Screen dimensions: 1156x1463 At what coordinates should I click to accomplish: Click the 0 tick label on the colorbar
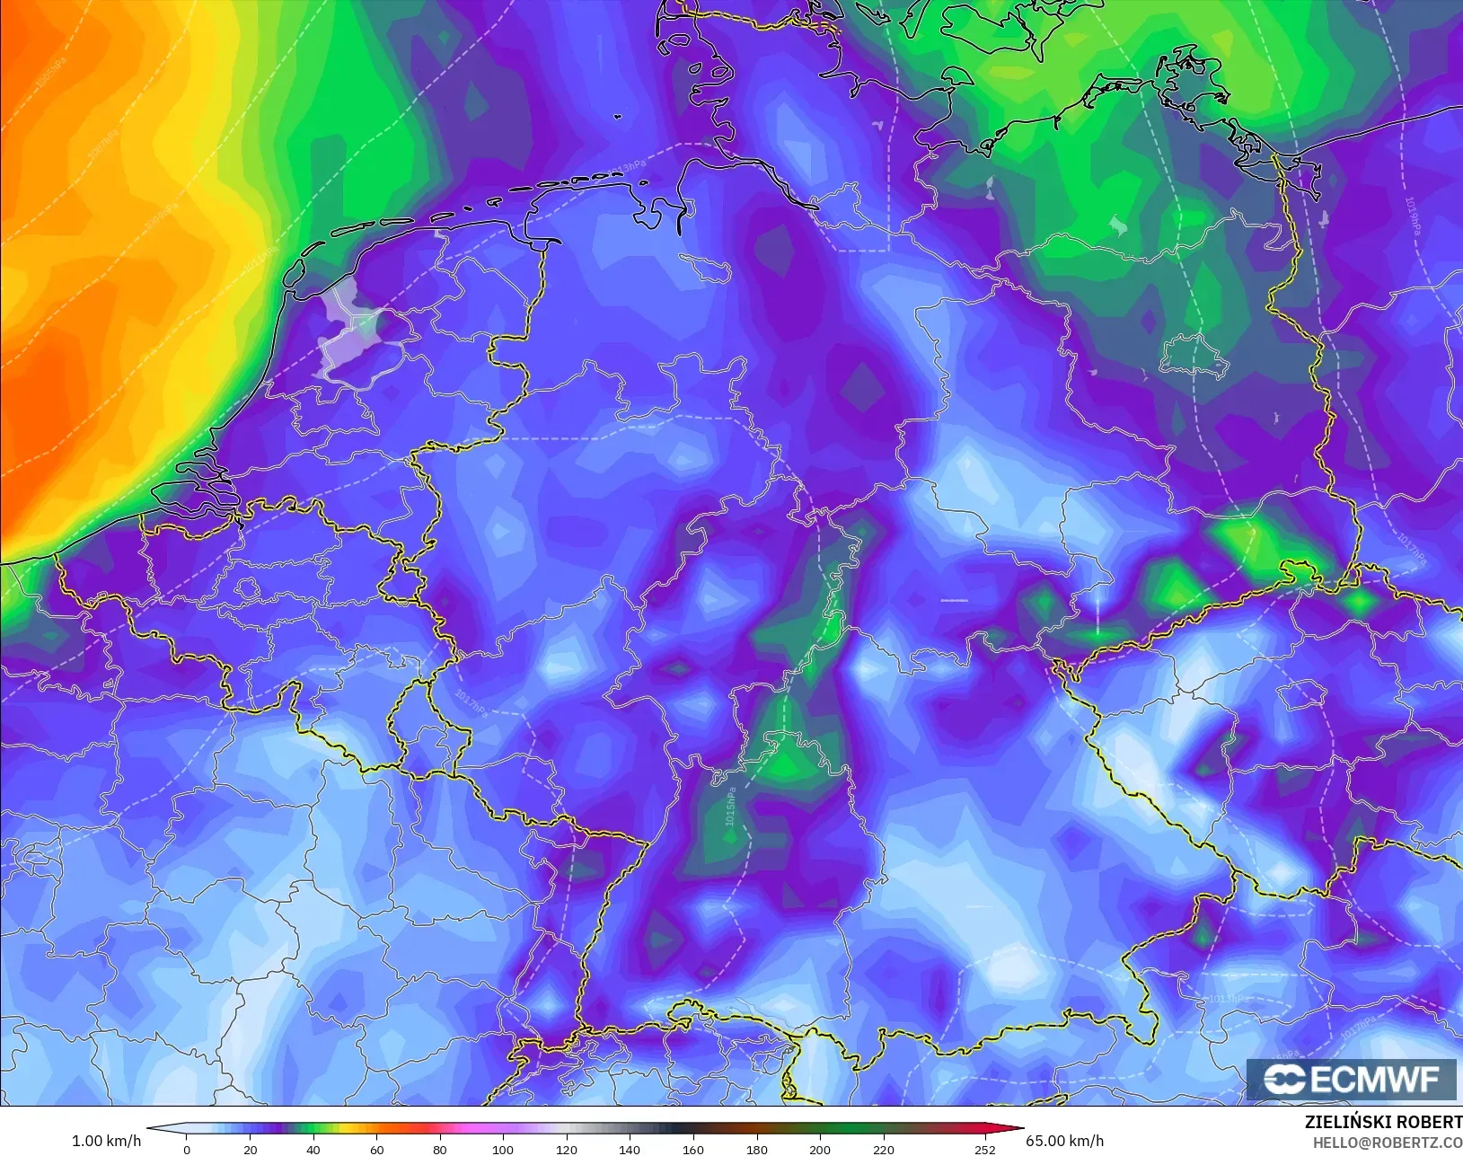coord(187,1149)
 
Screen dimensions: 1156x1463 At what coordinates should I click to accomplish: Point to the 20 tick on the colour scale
coord(251,1149)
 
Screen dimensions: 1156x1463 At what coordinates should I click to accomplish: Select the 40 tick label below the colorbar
coord(313,1149)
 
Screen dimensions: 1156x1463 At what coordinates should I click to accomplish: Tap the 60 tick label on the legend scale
coord(377,1149)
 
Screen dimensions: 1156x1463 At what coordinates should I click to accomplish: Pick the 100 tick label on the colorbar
coord(503,1149)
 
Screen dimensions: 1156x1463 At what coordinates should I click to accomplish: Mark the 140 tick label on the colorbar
coord(630,1149)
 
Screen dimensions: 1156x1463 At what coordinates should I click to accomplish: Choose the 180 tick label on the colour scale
coord(757,1149)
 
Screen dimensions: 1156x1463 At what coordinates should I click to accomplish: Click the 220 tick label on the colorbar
coord(884,1149)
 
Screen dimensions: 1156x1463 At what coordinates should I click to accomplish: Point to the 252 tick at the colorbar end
coord(985,1149)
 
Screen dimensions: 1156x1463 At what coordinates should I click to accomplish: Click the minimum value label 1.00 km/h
coord(106,1141)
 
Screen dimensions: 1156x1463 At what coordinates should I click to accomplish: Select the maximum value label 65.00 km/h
coord(1065,1141)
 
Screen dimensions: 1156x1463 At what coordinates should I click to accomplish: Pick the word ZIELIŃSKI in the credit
coord(1349,1122)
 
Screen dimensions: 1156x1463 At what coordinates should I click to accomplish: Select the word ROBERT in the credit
coord(1429,1122)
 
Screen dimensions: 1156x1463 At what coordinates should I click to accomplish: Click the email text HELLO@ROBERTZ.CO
coord(1388,1143)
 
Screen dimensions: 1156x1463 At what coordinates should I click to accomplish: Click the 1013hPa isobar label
coord(1228,999)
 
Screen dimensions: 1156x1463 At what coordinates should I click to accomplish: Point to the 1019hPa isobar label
coord(1413,216)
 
